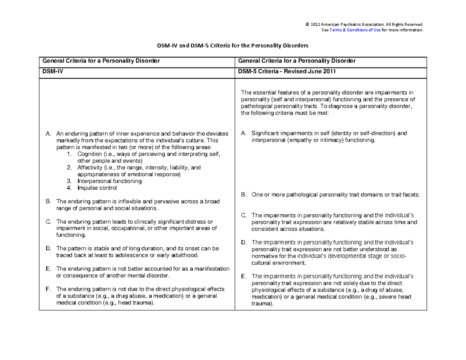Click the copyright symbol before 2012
(307, 24)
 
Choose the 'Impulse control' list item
(97, 188)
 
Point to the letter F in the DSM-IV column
(47, 289)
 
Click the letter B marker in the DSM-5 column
(243, 195)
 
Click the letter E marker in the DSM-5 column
(243, 276)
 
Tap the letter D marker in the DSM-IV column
(48, 248)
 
